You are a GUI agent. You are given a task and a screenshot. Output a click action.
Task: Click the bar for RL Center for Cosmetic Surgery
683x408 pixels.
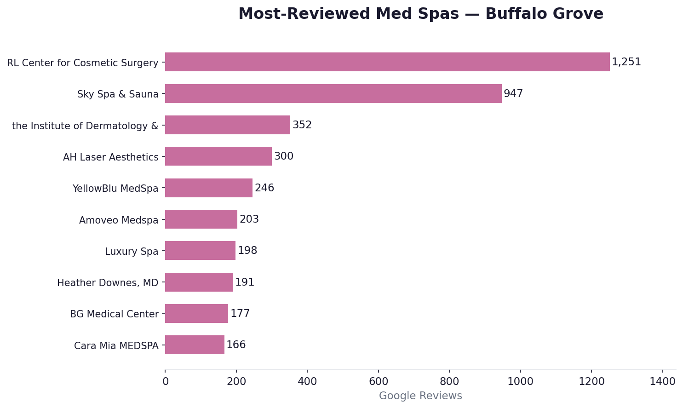(387, 62)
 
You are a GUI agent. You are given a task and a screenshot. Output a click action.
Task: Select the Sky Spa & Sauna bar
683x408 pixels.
(333, 94)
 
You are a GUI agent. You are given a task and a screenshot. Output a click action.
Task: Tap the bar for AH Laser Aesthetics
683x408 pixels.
(218, 156)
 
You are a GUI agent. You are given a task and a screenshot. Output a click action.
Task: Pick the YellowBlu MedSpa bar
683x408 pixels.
(209, 188)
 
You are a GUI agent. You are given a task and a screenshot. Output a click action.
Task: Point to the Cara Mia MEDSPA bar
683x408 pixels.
(195, 345)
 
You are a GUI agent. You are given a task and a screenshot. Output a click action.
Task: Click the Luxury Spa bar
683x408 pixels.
(200, 251)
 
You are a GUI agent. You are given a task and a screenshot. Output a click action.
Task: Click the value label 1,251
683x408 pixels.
(626, 62)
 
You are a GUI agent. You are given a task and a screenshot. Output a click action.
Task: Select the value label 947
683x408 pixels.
(513, 94)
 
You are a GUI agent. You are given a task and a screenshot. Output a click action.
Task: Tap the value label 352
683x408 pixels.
(302, 125)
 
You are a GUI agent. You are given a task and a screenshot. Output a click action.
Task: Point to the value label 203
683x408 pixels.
(249, 219)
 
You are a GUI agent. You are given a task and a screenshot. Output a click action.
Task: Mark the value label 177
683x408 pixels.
(240, 314)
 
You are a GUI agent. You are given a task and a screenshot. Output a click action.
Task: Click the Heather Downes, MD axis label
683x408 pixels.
(108, 283)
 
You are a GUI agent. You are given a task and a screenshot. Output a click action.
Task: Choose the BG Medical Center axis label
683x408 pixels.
(114, 314)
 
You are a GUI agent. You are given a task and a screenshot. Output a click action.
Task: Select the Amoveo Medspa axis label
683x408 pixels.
(119, 220)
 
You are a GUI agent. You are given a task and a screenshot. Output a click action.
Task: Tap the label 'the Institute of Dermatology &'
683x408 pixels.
(85, 126)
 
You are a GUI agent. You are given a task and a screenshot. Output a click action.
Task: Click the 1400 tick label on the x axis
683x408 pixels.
(662, 381)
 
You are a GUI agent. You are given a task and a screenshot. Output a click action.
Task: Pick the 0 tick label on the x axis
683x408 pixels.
(165, 381)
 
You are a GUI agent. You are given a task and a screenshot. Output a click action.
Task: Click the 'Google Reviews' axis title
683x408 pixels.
(420, 396)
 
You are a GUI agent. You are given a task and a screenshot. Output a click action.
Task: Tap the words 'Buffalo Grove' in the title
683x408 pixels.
(544, 14)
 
